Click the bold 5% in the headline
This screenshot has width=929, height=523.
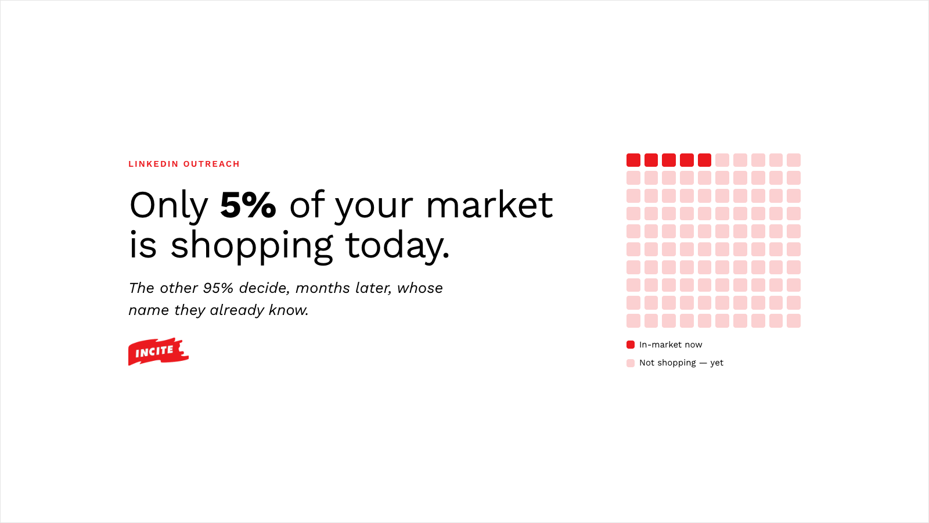point(248,205)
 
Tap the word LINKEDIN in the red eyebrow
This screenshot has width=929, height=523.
point(153,164)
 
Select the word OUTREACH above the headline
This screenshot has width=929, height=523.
point(211,164)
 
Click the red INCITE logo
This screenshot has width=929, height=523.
point(159,352)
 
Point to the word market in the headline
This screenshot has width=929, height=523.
point(489,205)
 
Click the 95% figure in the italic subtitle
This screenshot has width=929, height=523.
point(218,288)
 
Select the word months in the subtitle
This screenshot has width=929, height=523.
point(322,288)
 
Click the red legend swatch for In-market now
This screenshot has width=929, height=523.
point(631,345)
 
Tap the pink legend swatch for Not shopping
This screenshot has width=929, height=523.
point(631,363)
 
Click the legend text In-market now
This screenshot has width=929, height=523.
point(671,345)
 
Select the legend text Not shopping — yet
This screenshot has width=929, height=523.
point(681,363)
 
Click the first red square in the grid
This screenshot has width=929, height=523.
point(633,160)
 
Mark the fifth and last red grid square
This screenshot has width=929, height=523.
point(705,160)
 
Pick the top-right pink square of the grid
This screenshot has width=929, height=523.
point(794,160)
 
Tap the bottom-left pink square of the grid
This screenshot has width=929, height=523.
point(633,321)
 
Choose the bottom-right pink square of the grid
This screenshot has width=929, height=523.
point(794,321)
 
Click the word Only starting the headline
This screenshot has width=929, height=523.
point(168,206)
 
